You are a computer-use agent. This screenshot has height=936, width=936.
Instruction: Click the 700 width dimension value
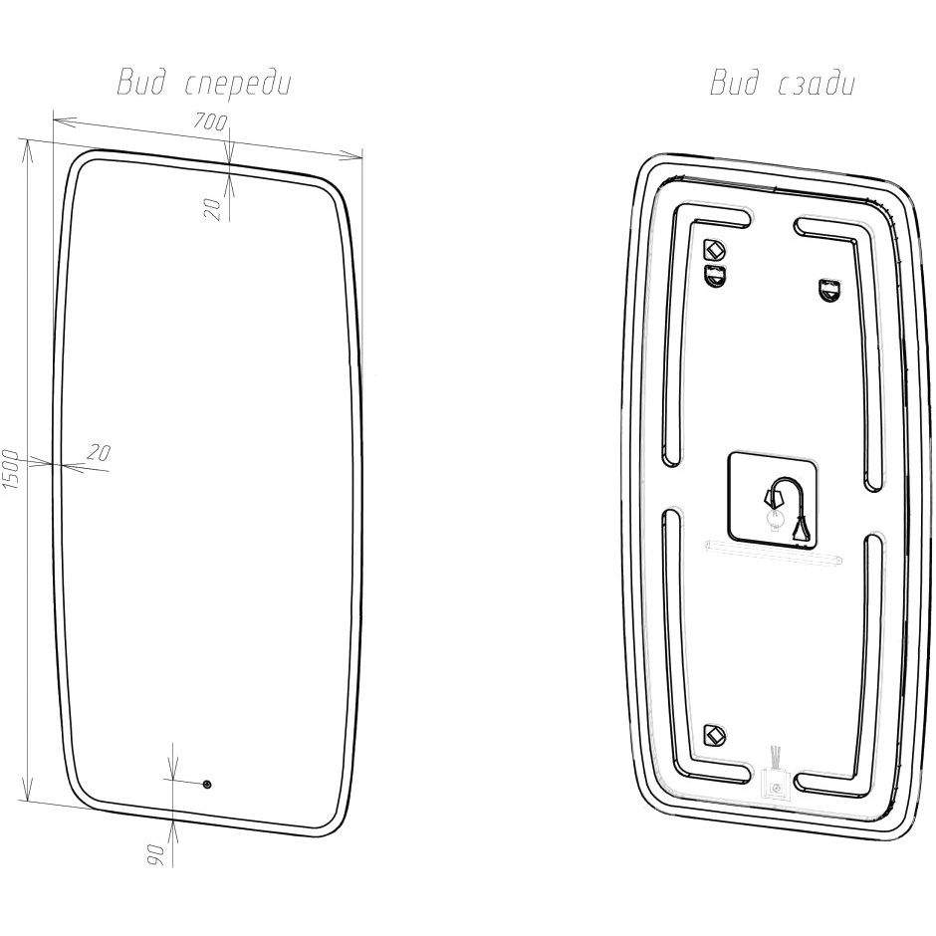coord(210,121)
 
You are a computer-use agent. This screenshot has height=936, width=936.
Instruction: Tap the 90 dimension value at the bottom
coord(155,854)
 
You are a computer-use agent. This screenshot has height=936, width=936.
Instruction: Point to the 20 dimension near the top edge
coord(212,209)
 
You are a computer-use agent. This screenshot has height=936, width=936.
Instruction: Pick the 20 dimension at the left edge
coord(100,452)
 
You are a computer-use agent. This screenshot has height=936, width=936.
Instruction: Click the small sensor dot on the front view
coord(207,785)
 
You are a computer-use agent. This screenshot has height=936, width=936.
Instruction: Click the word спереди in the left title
coord(238,84)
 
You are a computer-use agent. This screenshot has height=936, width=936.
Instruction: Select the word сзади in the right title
coord(817,84)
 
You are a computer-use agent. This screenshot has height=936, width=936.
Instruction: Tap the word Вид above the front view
coord(140,83)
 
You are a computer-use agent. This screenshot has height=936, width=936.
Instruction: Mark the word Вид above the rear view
coord(734,83)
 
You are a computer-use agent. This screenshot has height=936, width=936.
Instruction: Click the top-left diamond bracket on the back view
coord(714,247)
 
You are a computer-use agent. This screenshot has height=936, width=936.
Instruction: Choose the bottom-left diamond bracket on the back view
coord(713,734)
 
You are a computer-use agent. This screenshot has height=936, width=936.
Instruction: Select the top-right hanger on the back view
coord(827,290)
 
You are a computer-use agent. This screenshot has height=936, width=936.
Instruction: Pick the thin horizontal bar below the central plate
coord(774,551)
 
